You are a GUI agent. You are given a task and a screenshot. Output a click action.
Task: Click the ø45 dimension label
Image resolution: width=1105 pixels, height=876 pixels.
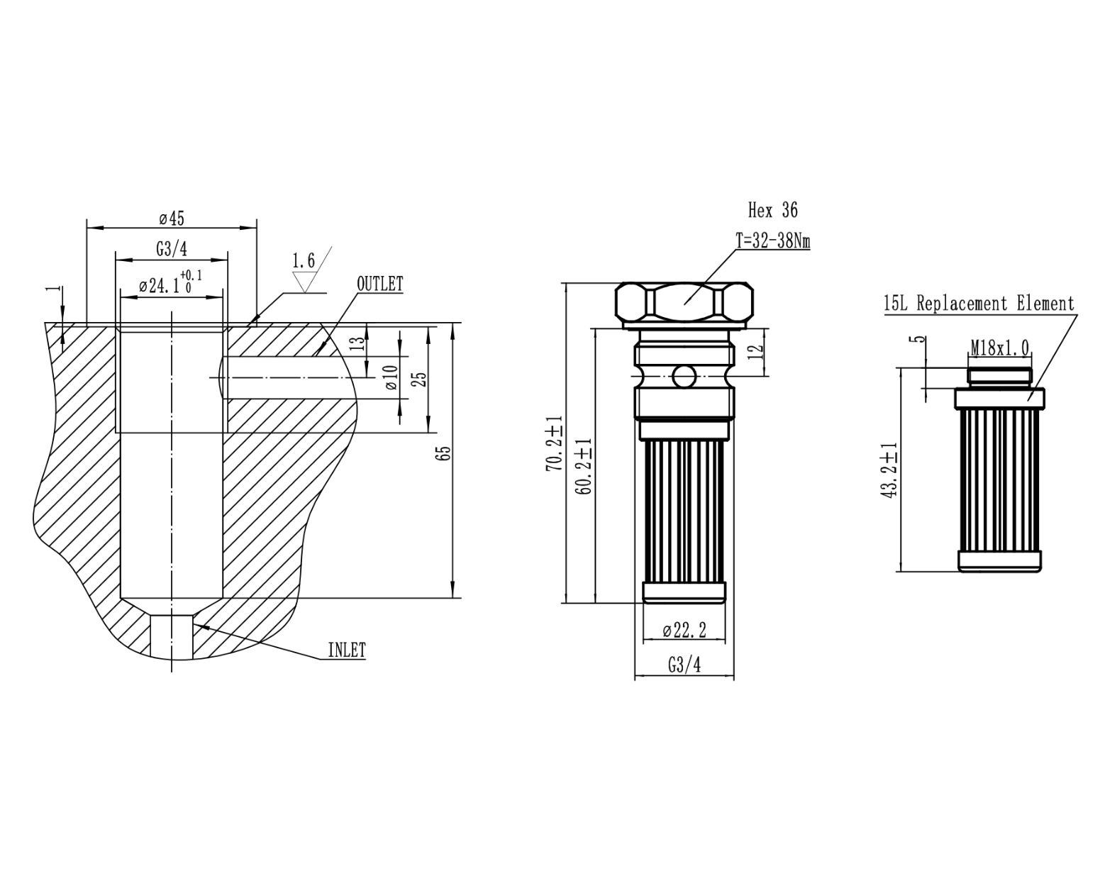click(x=172, y=218)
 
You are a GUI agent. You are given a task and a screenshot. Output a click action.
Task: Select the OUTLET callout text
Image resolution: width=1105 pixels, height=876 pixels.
click(x=379, y=284)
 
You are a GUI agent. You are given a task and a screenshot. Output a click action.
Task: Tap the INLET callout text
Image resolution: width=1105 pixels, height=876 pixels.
click(x=346, y=650)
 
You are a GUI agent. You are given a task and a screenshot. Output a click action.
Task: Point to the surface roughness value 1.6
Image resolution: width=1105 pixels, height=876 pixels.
click(x=304, y=261)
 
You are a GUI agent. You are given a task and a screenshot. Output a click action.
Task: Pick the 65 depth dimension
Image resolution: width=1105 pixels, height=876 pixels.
click(x=445, y=453)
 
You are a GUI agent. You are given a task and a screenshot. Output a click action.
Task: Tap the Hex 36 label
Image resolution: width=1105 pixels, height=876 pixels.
click(x=772, y=210)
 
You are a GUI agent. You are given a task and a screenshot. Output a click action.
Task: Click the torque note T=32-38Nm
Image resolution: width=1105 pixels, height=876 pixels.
click(x=772, y=241)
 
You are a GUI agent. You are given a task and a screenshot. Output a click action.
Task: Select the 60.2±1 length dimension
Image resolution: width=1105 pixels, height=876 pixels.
click(x=584, y=466)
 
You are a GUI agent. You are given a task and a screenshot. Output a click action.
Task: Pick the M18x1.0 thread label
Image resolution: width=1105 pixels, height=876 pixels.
click(x=1000, y=348)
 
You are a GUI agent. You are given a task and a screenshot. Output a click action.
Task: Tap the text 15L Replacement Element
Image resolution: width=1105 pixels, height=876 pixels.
click(x=979, y=304)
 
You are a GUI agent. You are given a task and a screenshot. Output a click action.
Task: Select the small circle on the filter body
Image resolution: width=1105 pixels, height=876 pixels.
click(x=684, y=377)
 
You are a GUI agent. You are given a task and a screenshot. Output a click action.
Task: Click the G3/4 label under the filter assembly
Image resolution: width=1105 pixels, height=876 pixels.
click(x=684, y=665)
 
